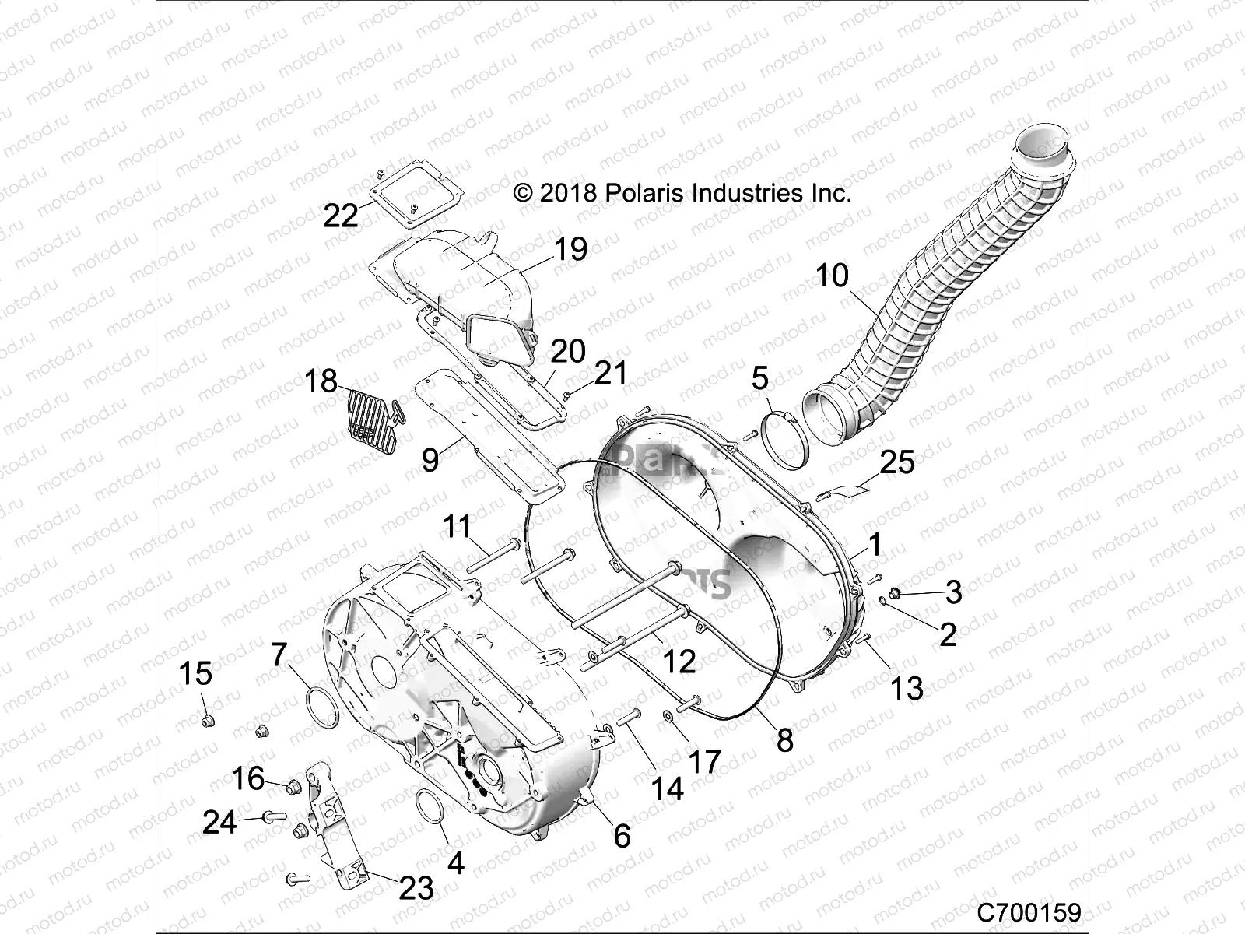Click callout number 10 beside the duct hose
coord(832,276)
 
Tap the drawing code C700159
coord(1030,911)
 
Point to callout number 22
coord(340,215)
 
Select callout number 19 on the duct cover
coord(570,250)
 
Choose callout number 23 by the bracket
coord(416,887)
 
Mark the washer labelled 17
coord(668,715)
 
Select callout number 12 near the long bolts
coord(679,662)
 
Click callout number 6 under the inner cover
coord(621,836)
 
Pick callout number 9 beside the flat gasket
coord(430,461)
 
